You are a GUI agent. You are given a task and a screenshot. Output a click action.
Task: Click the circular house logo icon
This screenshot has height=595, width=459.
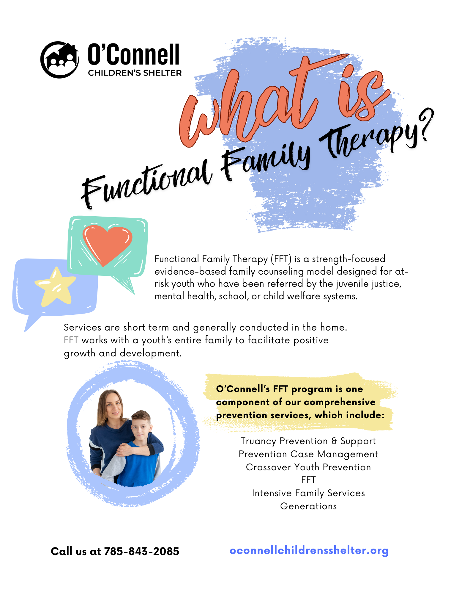(60, 60)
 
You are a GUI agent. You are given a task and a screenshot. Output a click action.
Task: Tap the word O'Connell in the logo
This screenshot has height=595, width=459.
(134, 54)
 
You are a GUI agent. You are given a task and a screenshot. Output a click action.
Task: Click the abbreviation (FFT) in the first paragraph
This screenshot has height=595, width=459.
(281, 259)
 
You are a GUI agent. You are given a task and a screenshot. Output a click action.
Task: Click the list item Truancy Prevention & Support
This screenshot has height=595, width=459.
(308, 441)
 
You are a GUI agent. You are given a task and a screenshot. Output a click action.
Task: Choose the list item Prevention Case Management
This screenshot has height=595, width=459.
(308, 454)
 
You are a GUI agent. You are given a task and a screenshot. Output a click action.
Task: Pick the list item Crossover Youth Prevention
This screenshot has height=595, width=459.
(308, 467)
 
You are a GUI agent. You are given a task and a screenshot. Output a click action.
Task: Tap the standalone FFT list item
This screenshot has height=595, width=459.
(308, 480)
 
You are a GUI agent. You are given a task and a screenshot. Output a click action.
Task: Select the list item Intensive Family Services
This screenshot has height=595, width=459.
(308, 493)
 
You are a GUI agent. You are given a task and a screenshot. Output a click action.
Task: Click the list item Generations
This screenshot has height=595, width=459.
(308, 506)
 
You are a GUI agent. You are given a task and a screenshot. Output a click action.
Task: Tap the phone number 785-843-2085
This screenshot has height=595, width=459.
(142, 551)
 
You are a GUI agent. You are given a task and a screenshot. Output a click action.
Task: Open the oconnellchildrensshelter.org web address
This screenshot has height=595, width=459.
(309, 550)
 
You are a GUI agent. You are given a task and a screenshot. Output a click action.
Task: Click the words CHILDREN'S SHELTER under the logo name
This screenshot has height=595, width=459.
(135, 73)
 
